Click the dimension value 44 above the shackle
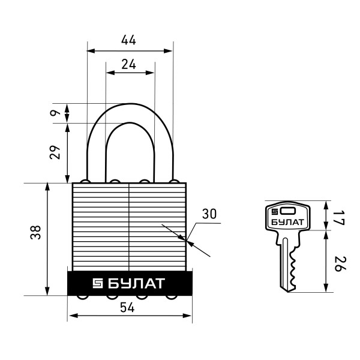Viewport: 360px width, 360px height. pos(129,40)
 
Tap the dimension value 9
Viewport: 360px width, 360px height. pos(54,113)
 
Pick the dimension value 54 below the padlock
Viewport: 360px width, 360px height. pos(127,307)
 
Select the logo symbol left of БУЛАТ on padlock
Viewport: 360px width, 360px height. pos(98,283)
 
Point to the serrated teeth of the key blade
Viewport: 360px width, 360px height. pos(293,266)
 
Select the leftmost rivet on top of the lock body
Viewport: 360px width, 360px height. pos(86,182)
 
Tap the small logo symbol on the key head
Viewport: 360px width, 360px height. pos(275,211)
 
